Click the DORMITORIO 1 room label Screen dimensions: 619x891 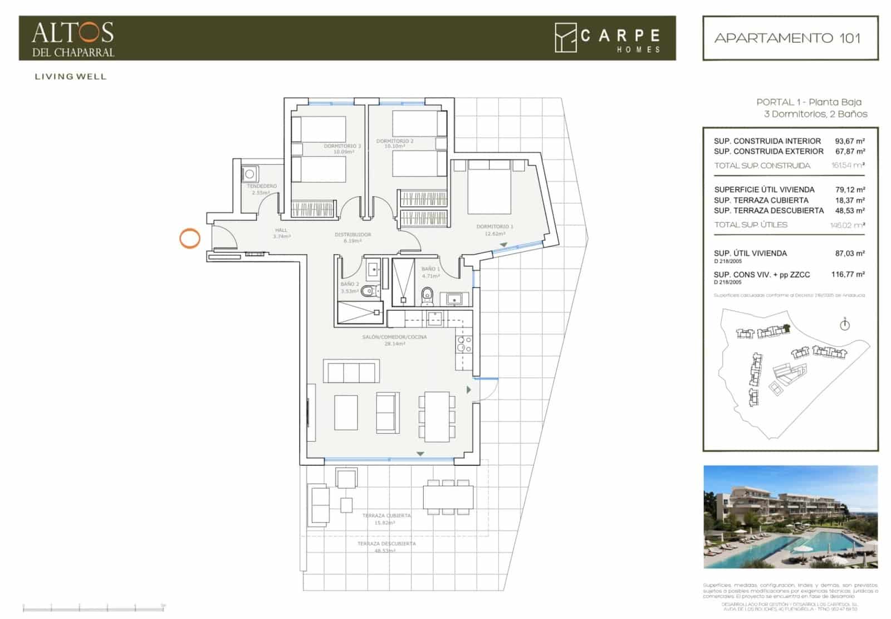tap(495, 227)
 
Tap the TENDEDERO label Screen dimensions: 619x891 tap(261, 186)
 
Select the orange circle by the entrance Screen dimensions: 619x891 tap(190, 238)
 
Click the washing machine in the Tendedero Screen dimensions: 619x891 tap(249, 174)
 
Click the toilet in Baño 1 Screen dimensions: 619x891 tap(427, 295)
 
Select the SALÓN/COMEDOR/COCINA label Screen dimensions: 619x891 tap(394, 337)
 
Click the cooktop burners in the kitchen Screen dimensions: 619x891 tap(464, 344)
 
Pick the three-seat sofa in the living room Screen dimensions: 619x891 tap(351, 372)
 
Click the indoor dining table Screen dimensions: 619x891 tap(437, 416)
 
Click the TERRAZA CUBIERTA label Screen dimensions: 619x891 tap(386, 516)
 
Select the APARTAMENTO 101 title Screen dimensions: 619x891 tap(787, 38)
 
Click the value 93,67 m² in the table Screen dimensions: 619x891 tap(849, 142)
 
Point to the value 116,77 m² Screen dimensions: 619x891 tap(848, 275)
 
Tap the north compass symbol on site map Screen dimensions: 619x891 tap(845, 324)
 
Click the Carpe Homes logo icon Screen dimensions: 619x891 tap(565, 38)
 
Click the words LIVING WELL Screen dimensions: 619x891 tap(70, 77)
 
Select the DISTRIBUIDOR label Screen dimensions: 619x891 tap(353, 235)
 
